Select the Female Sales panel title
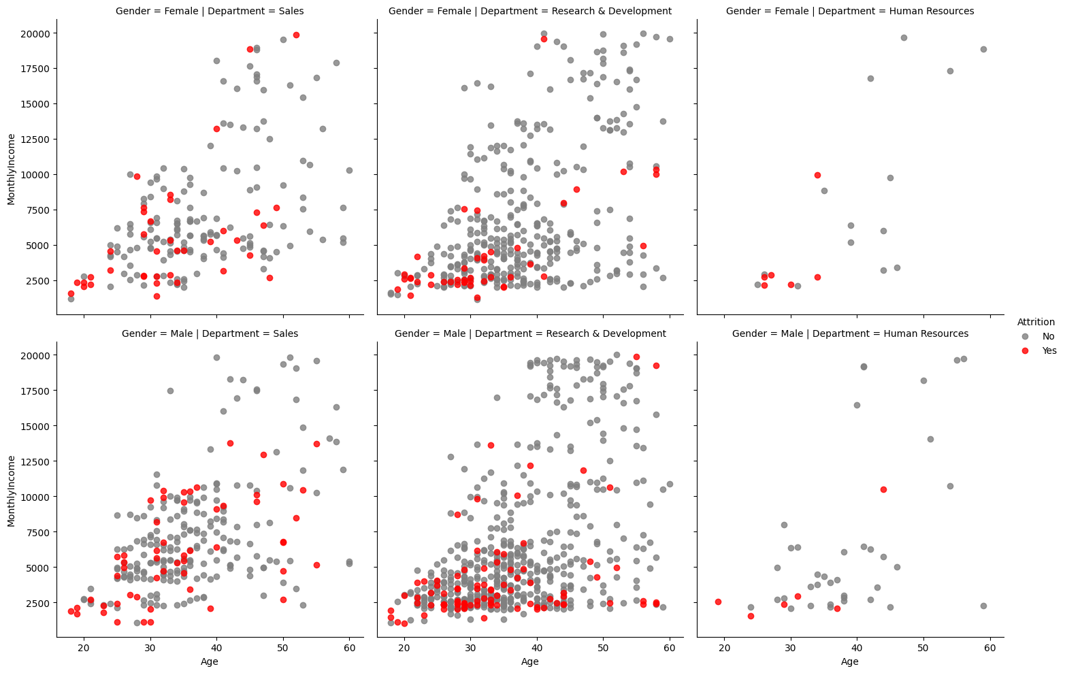pyautogui.click(x=210, y=11)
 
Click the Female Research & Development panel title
pyautogui.click(x=530, y=11)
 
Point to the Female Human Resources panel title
pyautogui.click(x=850, y=11)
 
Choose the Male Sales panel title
pyautogui.click(x=210, y=333)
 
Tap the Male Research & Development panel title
pyautogui.click(x=530, y=333)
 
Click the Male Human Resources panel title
pyautogui.click(x=850, y=333)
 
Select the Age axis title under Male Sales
pyautogui.click(x=210, y=661)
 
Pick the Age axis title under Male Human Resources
pyautogui.click(x=850, y=661)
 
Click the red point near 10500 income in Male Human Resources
pyautogui.click(x=883, y=489)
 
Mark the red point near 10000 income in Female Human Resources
pyautogui.click(x=817, y=175)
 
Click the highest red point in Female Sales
pyautogui.click(x=296, y=35)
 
